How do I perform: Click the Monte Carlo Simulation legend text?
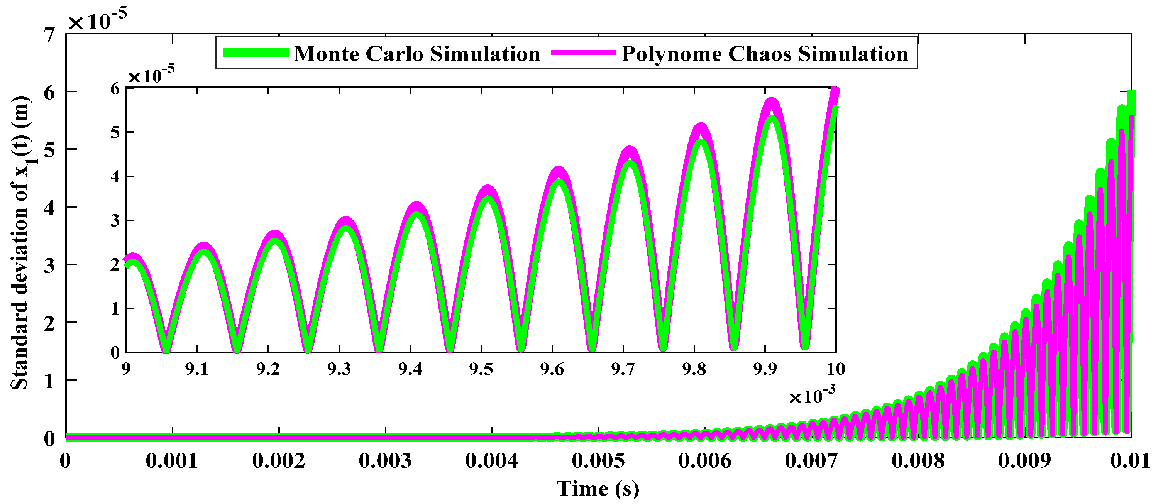click(x=417, y=54)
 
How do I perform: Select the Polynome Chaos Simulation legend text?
click(x=765, y=54)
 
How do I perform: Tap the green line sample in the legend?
click(x=255, y=53)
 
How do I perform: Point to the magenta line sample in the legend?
click(x=583, y=53)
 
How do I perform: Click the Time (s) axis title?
click(x=598, y=488)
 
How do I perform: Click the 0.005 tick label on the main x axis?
click(x=598, y=461)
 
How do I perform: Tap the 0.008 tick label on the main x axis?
click(x=918, y=461)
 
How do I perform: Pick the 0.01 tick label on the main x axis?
click(x=1130, y=461)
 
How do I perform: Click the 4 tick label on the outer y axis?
click(x=49, y=208)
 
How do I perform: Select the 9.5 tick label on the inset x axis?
click(x=481, y=369)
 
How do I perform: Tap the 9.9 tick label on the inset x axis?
click(x=765, y=369)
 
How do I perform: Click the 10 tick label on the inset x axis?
click(x=836, y=369)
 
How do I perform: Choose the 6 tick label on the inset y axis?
click(x=115, y=89)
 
